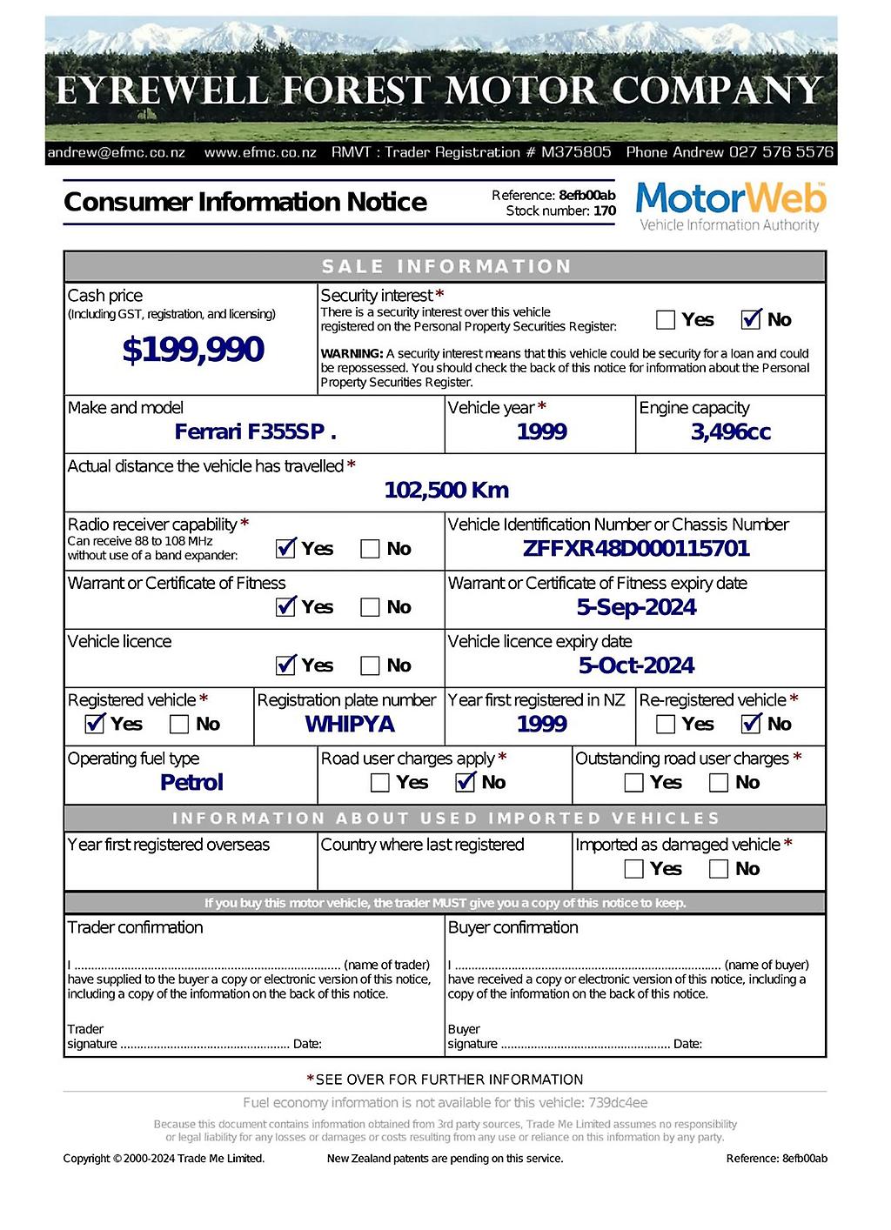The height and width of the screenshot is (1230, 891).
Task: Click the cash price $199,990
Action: pos(192,350)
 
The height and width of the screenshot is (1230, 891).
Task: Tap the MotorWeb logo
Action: pos(730,206)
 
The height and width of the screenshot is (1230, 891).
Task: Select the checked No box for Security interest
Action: pos(751,320)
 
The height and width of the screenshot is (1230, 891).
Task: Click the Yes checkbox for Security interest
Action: pos(666,320)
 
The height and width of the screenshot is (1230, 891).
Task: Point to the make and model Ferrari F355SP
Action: pos(255,432)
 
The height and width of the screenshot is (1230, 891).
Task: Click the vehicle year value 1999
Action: pos(541,432)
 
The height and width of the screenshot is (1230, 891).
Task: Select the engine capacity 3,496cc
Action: pos(730,432)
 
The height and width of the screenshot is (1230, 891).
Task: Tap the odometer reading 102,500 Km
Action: pos(446,491)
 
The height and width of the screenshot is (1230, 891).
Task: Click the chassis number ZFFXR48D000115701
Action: pos(635,549)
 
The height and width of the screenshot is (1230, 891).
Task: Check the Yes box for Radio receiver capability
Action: pos(285,549)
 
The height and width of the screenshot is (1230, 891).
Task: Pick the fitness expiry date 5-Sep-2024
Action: pos(636,607)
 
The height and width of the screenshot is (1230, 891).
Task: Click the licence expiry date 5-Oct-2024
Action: pos(636,666)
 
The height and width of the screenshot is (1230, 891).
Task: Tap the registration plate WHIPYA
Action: pos(350,725)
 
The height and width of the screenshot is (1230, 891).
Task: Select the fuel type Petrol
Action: pos(191,783)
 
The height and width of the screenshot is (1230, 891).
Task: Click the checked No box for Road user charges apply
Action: pos(466,783)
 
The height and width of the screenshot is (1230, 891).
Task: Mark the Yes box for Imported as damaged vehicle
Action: pos(634,869)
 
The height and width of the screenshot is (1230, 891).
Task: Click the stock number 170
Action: pos(605,211)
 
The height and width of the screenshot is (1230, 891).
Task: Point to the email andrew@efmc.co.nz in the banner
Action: pos(116,152)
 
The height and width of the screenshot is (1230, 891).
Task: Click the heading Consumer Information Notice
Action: pos(245,202)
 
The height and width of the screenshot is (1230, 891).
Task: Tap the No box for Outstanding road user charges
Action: pos(719,783)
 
